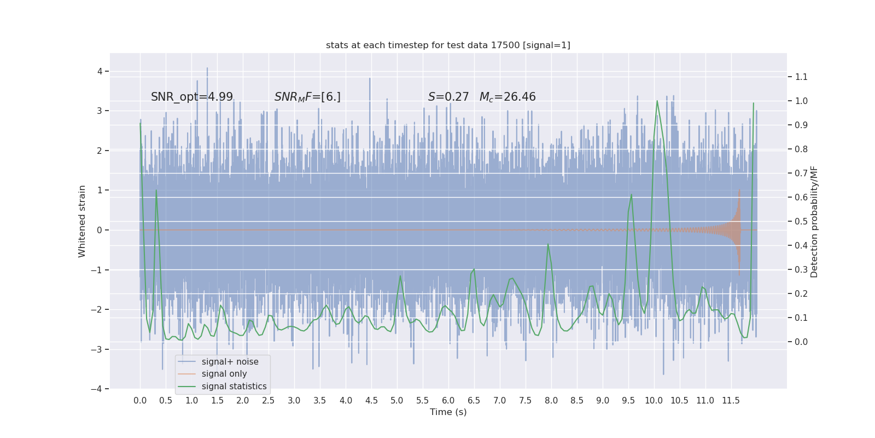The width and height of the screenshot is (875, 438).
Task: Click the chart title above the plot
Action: pyautogui.click(x=448, y=45)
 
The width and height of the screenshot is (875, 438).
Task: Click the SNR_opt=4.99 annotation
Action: pyautogui.click(x=192, y=97)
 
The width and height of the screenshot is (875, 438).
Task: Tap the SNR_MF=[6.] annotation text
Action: pyautogui.click(x=307, y=97)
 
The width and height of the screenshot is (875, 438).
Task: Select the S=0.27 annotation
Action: pyautogui.click(x=448, y=97)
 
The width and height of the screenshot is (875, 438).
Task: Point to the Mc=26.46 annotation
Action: pyautogui.click(x=507, y=97)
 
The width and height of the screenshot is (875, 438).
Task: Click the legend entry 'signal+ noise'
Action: pyautogui.click(x=230, y=362)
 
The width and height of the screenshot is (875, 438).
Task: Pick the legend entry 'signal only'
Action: pyautogui.click(x=224, y=374)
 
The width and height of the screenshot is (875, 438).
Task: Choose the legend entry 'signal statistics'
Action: pyautogui.click(x=234, y=387)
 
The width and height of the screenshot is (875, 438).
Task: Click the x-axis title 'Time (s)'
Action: pyautogui.click(x=448, y=412)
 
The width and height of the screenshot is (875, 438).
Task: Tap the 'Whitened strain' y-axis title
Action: pyautogui.click(x=82, y=221)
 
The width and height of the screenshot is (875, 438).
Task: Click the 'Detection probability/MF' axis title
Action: pyautogui.click(x=814, y=221)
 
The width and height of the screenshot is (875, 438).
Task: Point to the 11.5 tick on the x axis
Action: pyautogui.click(x=731, y=400)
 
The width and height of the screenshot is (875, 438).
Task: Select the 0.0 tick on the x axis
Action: pyautogui.click(x=140, y=400)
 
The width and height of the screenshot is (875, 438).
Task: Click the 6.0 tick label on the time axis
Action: pyautogui.click(x=448, y=400)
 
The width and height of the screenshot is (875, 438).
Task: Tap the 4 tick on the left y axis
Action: pyautogui.click(x=100, y=71)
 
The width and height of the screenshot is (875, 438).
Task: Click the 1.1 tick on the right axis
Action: pyautogui.click(x=801, y=77)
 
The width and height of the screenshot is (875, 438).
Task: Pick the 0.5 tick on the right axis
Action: pyautogui.click(x=801, y=221)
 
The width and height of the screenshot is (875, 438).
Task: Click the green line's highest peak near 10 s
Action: pyautogui.click(x=657, y=101)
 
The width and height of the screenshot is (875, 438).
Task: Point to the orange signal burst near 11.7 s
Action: pyautogui.click(x=738, y=230)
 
